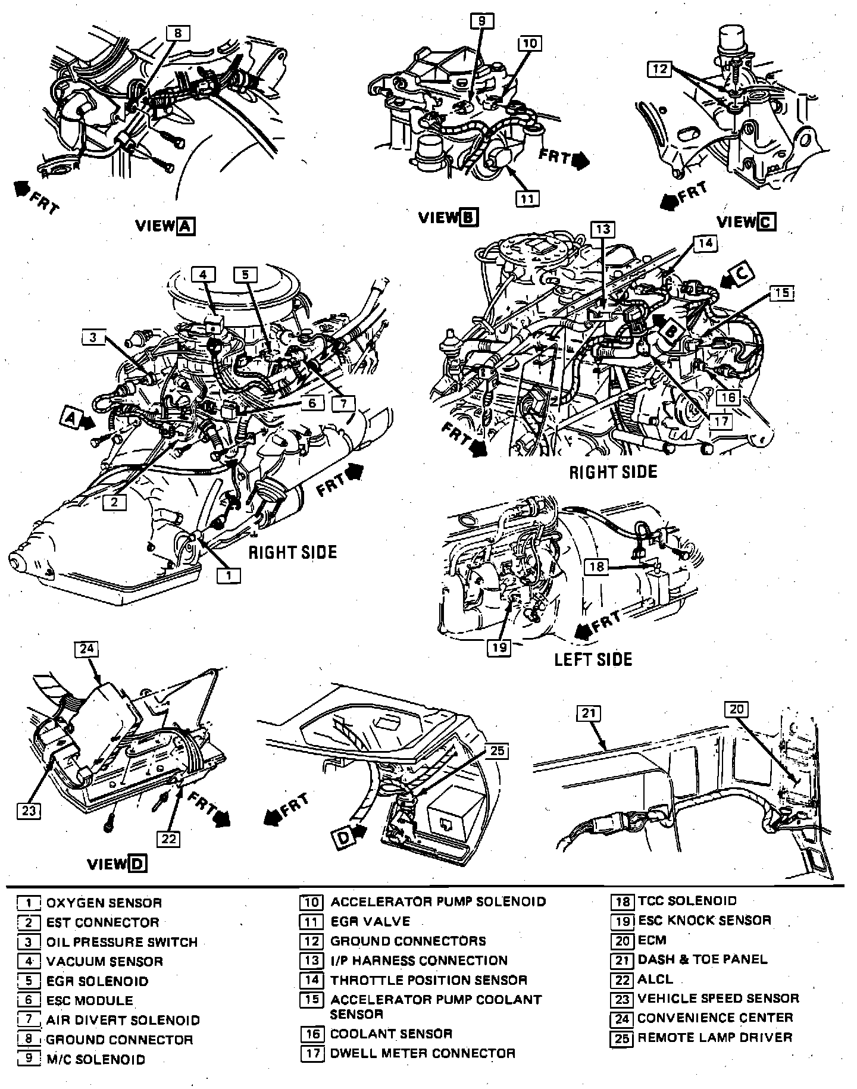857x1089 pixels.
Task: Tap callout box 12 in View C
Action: point(659,69)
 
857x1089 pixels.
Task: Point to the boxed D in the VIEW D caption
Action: point(137,863)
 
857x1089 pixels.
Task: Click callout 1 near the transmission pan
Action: point(229,575)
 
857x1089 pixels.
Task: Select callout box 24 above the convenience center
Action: point(86,649)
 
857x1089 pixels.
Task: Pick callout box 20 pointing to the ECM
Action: point(736,709)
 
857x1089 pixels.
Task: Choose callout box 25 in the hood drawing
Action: point(497,751)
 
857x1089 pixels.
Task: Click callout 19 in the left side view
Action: point(499,647)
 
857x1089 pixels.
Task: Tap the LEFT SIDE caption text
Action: point(593,659)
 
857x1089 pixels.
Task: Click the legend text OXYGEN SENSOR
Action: point(104,903)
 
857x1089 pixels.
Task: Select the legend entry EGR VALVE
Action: point(370,922)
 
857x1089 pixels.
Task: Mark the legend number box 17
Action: point(312,1053)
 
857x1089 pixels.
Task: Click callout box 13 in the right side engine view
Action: point(603,230)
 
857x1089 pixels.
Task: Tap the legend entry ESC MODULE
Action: point(89,1000)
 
